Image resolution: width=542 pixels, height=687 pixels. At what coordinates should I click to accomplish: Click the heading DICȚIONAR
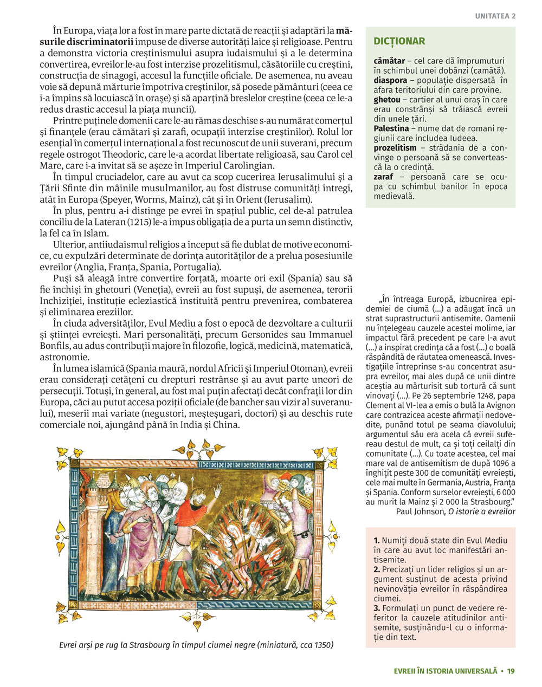point(399,41)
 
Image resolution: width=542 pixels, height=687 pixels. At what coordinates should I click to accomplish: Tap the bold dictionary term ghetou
point(387,100)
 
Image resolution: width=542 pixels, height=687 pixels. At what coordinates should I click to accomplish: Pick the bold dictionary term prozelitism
point(395,148)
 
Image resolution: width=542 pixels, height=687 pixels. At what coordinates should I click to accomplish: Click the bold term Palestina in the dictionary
point(391,128)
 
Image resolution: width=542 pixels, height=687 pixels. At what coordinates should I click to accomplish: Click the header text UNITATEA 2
point(495,16)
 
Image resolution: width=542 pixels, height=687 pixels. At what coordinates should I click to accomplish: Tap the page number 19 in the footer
point(511,671)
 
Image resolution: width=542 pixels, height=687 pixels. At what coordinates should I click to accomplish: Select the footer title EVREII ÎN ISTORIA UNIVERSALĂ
point(446,671)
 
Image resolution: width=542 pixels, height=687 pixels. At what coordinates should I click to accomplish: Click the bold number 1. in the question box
point(377,541)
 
